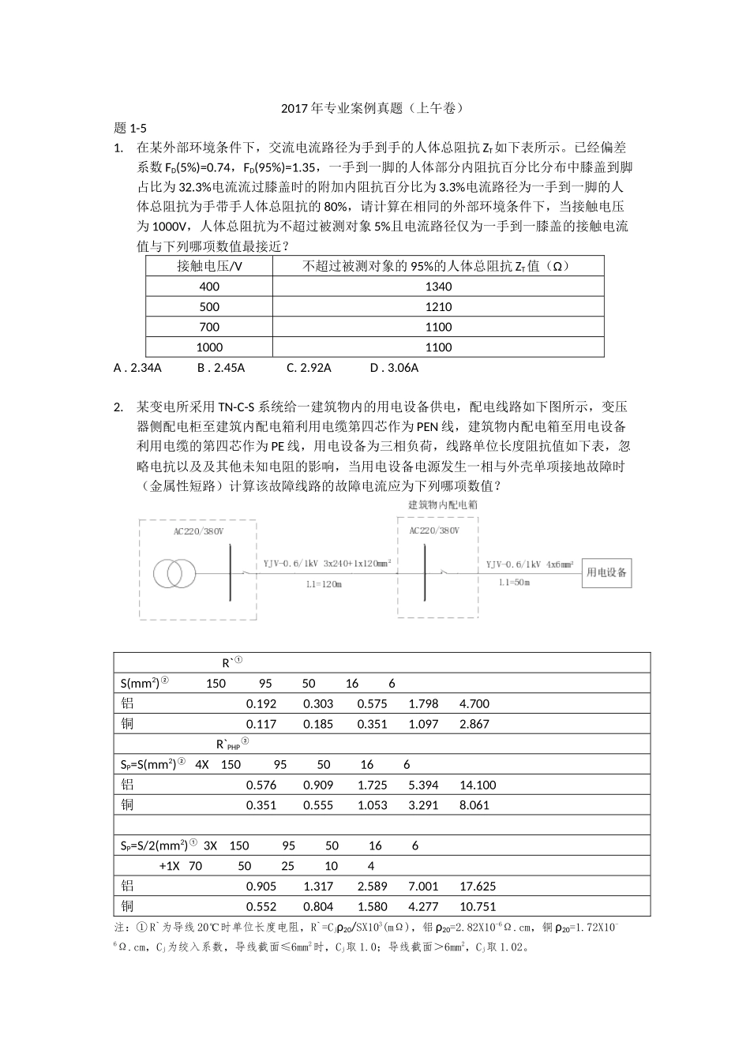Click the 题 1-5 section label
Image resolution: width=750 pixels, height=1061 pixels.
[130, 128]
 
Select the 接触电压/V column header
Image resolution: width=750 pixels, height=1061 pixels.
[209, 266]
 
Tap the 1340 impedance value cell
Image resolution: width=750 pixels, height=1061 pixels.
[438, 287]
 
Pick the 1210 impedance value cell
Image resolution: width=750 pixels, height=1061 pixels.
[438, 307]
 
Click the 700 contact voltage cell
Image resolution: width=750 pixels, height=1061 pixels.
[209, 327]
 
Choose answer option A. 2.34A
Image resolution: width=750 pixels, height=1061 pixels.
[138, 368]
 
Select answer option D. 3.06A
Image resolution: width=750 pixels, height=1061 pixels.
[394, 368]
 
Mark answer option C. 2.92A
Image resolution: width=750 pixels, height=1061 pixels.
[309, 368]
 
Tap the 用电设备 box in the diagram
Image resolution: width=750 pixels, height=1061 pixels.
[606, 572]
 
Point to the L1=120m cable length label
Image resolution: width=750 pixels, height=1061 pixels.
[324, 585]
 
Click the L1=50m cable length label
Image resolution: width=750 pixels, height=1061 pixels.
[514, 583]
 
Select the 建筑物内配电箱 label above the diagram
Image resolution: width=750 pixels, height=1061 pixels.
[442, 504]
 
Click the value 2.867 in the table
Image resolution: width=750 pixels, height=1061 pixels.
[474, 724]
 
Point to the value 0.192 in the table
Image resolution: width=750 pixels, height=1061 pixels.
[261, 704]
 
